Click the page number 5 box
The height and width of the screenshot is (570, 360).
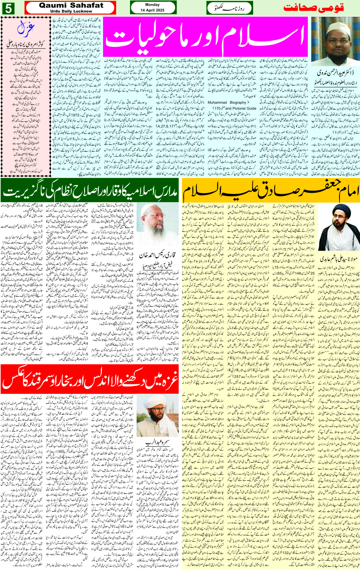(x=8, y=8)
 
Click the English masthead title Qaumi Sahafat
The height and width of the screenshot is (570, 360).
(x=71, y=5)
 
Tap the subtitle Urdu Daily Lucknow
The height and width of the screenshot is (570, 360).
(x=71, y=11)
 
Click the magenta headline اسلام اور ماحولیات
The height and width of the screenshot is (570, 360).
(x=205, y=37)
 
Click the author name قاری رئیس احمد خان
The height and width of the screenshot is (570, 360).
(x=157, y=255)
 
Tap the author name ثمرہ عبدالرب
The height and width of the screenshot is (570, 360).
(x=157, y=442)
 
